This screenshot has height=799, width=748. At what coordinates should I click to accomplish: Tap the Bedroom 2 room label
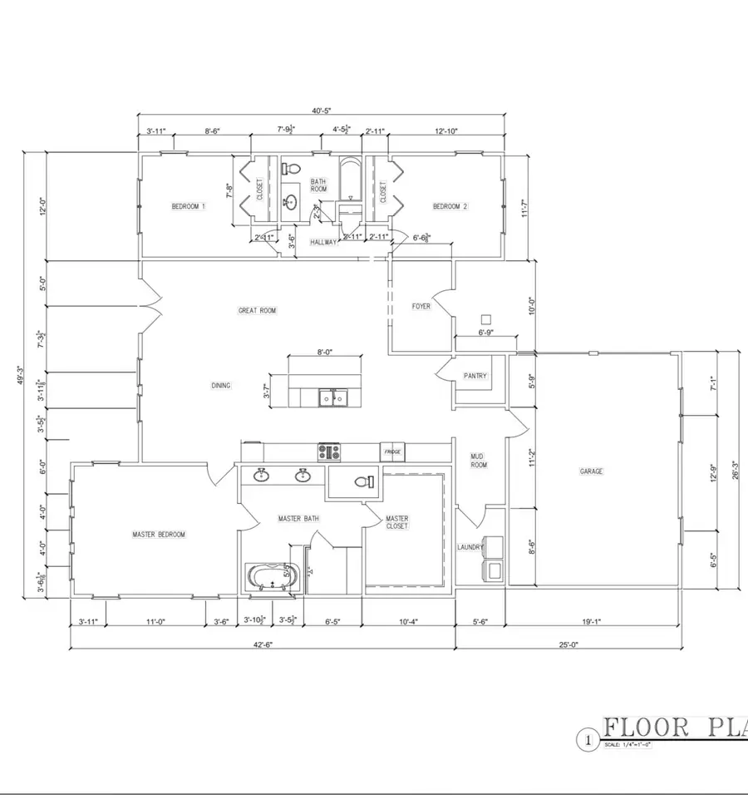pos(450,206)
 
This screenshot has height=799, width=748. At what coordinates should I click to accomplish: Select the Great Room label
pos(257,311)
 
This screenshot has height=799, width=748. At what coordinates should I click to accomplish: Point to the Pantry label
pos(475,376)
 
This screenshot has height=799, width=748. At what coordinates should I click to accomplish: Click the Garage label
pos(591,471)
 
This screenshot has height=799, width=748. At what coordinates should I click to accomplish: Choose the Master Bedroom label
pos(159,535)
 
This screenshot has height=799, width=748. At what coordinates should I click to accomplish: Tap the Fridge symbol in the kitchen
pos(392,452)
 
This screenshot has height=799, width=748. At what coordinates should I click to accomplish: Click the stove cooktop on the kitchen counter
pos(329,452)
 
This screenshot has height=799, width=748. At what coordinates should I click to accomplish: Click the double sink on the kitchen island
pos(333,399)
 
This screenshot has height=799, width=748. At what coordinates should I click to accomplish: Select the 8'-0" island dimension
pos(325,353)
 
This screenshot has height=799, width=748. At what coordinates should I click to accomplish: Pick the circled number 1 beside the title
pos(588,737)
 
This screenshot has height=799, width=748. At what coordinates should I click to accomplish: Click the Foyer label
pos(421,306)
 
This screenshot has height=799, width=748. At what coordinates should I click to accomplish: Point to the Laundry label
pos(470,548)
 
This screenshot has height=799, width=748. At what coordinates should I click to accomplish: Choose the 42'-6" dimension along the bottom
pos(262,644)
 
